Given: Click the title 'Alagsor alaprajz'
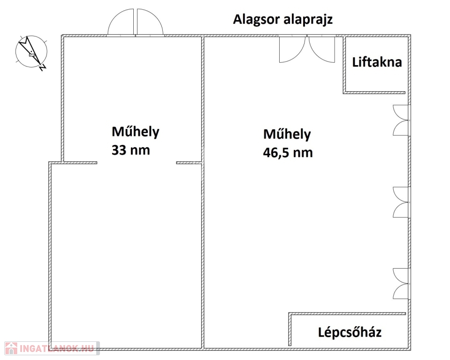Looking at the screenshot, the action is [x=282, y=20].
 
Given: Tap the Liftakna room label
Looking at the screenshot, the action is [x=377, y=62].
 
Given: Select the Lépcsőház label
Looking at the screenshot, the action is [x=350, y=332].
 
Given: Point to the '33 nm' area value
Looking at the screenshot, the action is [x=131, y=150].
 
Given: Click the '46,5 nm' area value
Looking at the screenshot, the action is [x=288, y=153].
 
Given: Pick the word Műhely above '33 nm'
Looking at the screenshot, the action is [x=136, y=132].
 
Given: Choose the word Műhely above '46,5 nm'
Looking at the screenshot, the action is [x=287, y=134].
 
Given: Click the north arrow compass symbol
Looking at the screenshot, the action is [x=31, y=52].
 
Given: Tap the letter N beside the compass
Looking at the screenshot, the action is [x=43, y=67].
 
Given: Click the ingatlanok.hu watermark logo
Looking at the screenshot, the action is [x=52, y=348].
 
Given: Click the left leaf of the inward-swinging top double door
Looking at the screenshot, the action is [x=292, y=49].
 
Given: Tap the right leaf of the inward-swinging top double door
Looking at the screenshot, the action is [x=321, y=49].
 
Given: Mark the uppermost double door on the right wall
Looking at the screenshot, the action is [x=401, y=120].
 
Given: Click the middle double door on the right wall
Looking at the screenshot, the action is [x=401, y=202].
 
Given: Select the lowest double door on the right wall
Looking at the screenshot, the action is [x=401, y=284].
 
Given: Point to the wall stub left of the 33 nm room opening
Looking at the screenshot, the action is [x=80, y=163].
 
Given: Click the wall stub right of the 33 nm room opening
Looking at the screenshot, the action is [x=189, y=163].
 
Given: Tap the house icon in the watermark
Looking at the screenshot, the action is [x=11, y=348].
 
